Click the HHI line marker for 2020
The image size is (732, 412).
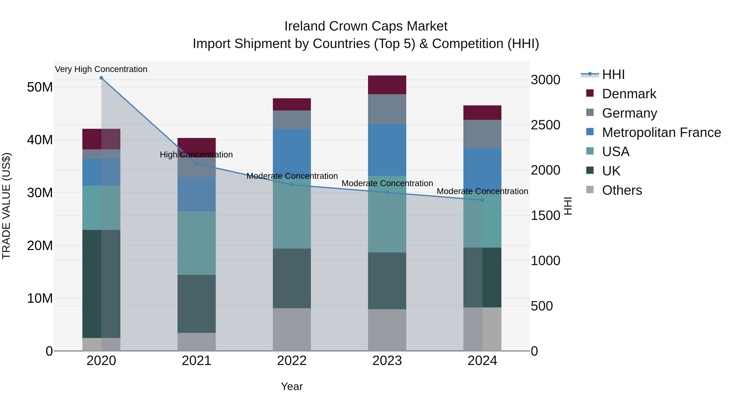(101, 78)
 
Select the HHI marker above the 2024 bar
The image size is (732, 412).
(482, 200)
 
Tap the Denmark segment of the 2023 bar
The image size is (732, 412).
(387, 85)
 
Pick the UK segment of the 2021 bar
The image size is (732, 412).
(196, 304)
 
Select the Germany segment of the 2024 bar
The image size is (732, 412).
(482, 134)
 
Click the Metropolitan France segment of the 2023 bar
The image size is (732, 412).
(387, 150)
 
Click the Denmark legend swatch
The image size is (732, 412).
(590, 93)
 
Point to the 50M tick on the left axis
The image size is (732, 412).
(40, 87)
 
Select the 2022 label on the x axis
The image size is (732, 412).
(292, 361)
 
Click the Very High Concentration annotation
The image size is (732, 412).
(101, 69)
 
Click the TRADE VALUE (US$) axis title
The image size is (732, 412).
(6, 206)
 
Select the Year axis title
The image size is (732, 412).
(292, 386)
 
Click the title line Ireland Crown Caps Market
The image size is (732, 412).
(366, 26)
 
